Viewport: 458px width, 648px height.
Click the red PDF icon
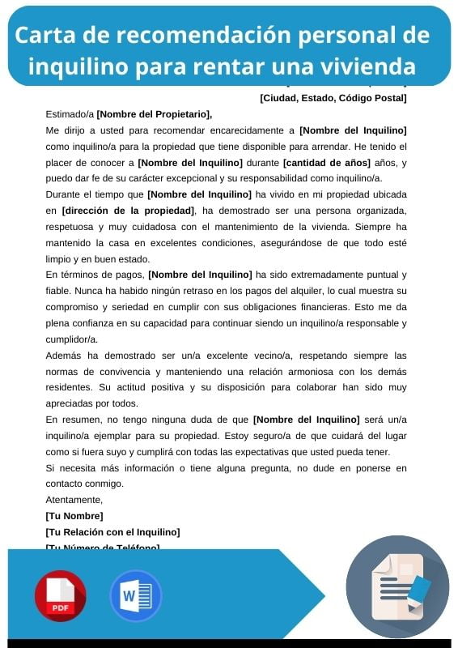[60, 596]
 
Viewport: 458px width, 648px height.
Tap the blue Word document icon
[135, 596]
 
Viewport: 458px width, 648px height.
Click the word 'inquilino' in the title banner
[78, 65]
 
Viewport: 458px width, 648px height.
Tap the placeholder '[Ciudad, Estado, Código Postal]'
[333, 99]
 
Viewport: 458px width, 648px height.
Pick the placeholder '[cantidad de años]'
[323, 163]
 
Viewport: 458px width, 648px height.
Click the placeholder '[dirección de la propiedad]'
[128, 211]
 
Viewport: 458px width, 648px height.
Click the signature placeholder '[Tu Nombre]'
[74, 516]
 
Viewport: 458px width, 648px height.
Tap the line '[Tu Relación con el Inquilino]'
[112, 532]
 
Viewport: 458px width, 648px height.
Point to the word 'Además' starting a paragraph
[64, 356]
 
